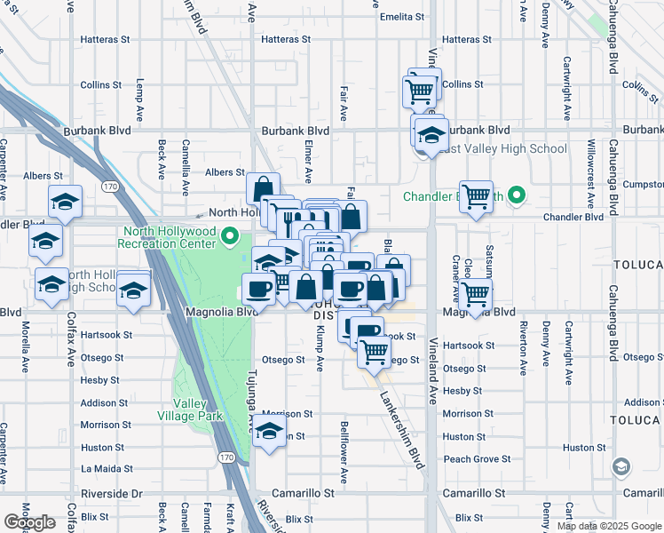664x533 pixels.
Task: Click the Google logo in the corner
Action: (x=29, y=522)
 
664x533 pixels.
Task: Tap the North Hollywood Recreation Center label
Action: (x=168, y=236)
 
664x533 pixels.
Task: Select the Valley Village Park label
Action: (x=189, y=410)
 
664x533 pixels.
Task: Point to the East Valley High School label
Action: (x=502, y=148)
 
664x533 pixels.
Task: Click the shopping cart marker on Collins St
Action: (x=419, y=91)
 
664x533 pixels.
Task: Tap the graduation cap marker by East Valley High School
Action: (x=431, y=135)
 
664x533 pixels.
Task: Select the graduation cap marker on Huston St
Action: (x=269, y=434)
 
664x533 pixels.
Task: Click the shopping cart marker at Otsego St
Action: (x=374, y=353)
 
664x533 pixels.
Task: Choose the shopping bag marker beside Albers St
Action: (x=263, y=189)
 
